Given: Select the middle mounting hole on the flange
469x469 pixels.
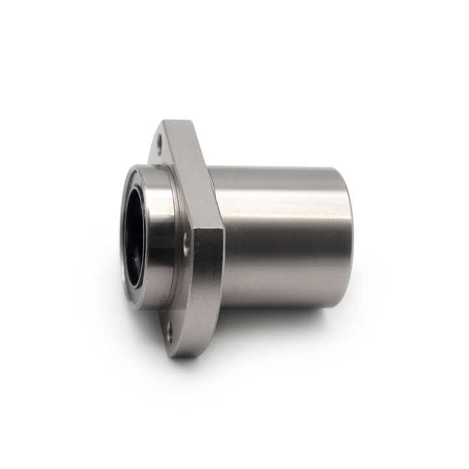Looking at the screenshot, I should click(186, 246).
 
